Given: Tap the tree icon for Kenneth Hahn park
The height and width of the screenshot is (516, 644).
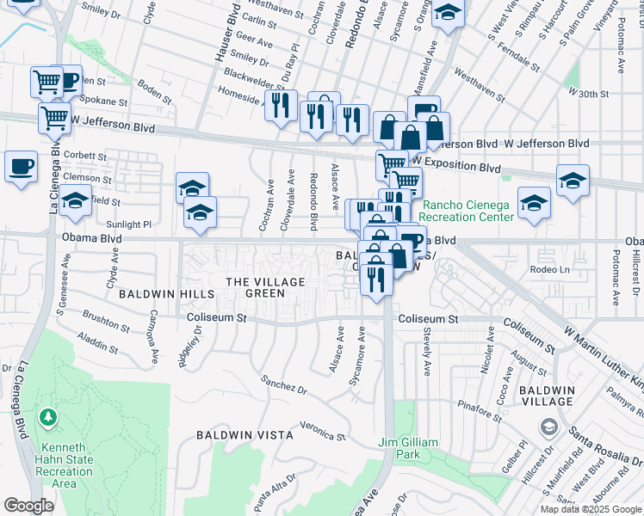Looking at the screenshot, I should [x=49, y=419].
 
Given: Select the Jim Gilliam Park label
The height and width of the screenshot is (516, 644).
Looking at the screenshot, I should [x=409, y=448].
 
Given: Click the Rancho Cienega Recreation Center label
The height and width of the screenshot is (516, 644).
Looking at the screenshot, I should [x=468, y=211].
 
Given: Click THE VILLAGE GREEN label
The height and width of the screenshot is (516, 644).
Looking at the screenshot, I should [x=265, y=287].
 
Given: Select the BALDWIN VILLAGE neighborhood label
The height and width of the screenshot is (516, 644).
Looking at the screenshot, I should [x=548, y=396].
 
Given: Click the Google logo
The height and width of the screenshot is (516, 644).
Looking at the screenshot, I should [x=28, y=506].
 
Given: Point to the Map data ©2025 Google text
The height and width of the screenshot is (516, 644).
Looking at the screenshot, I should [x=591, y=509].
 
